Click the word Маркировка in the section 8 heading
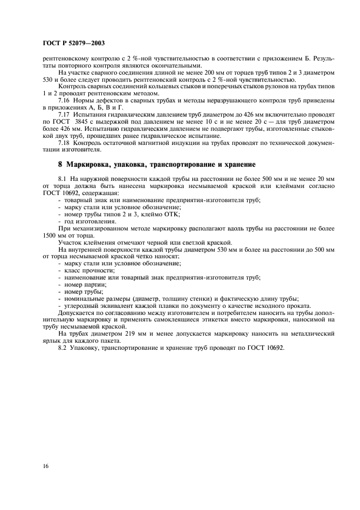95,164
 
